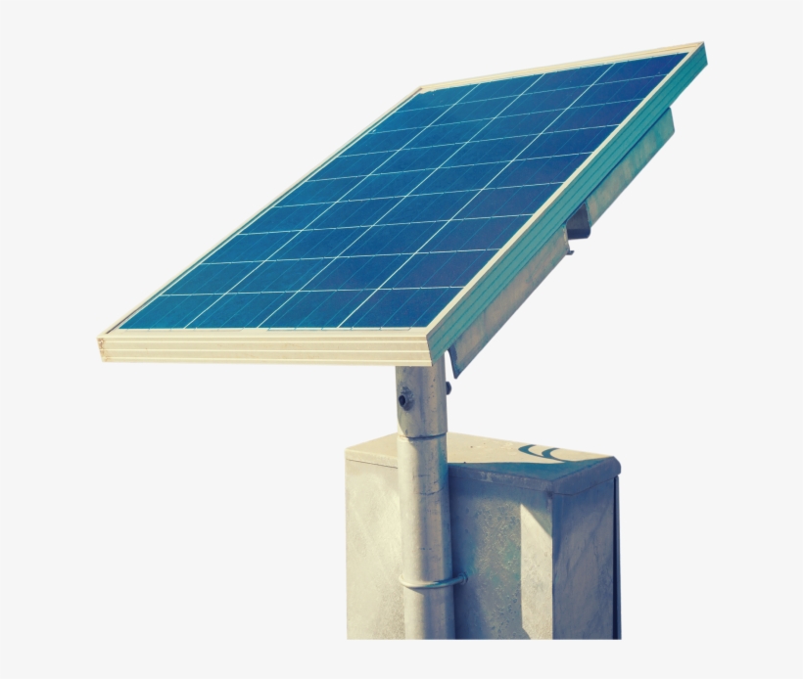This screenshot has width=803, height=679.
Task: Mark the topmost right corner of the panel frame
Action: (x=701, y=45)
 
